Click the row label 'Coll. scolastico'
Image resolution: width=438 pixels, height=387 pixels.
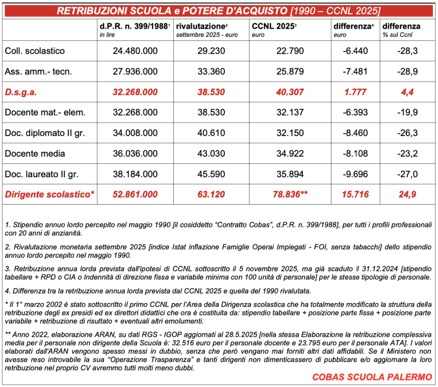pyautogui.click(x=35, y=51)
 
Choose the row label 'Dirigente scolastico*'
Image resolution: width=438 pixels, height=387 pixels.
pyautogui.click(x=49, y=195)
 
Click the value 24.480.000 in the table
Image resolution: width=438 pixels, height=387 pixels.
pyautogui.click(x=135, y=51)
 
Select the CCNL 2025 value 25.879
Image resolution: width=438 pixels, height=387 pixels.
pyautogui.click(x=290, y=72)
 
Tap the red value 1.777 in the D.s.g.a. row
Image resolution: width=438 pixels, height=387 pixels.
pyautogui.click(x=356, y=92)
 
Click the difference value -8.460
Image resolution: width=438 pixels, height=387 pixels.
pyautogui.click(x=355, y=133)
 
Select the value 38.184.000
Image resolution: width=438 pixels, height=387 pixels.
pyautogui.click(x=135, y=174)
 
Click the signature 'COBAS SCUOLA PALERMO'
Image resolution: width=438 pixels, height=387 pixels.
pyautogui.click(x=372, y=378)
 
